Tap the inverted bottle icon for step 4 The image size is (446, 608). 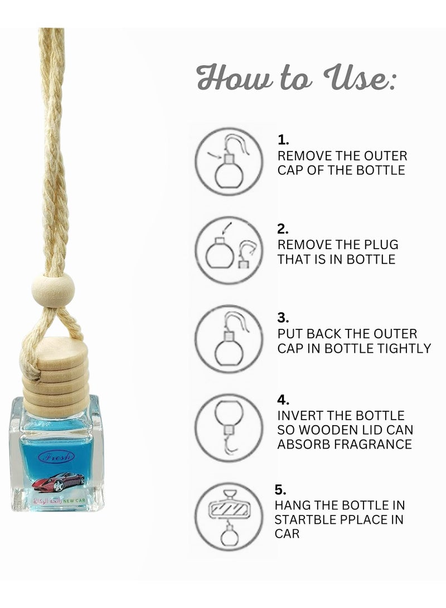coord(229,427)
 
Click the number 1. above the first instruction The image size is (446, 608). coord(283,140)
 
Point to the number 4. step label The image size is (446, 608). coord(283,400)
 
